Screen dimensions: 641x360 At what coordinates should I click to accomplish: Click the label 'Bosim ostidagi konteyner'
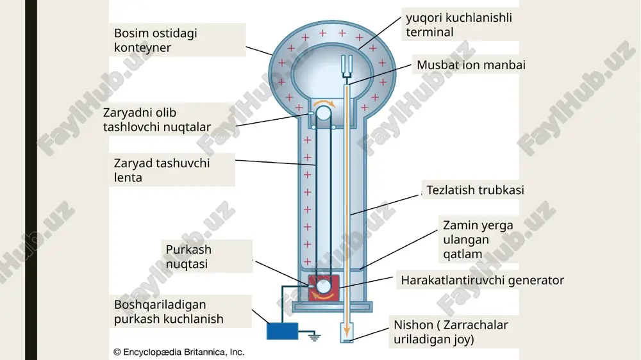pyautogui.click(x=155, y=40)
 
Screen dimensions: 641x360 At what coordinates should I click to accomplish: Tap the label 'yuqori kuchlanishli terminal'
pyautogui.click(x=459, y=25)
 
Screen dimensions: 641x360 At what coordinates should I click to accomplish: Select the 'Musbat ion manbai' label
pyautogui.click(x=471, y=65)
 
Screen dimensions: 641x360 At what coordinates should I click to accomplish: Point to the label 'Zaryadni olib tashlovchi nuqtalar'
pyautogui.click(x=157, y=120)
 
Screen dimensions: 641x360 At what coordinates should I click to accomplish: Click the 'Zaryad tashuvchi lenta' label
pyautogui.click(x=162, y=170)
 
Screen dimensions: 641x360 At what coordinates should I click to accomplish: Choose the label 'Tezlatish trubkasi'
pyautogui.click(x=475, y=190)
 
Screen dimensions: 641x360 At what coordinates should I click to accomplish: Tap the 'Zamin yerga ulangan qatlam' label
pyautogui.click(x=478, y=240)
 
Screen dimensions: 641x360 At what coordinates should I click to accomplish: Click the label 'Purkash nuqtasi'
pyautogui.click(x=188, y=257)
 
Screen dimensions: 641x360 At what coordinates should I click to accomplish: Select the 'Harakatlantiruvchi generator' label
pyautogui.click(x=483, y=281)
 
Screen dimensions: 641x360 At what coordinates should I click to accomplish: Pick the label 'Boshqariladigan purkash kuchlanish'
pyautogui.click(x=169, y=312)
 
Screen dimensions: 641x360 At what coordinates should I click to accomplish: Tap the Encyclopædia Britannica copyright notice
pyautogui.click(x=179, y=352)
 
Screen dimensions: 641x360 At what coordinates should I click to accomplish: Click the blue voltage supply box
pyautogui.click(x=283, y=331)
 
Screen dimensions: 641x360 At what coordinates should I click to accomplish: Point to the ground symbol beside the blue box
pyautogui.click(x=314, y=337)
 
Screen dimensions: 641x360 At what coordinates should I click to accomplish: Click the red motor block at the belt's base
pyautogui.click(x=323, y=288)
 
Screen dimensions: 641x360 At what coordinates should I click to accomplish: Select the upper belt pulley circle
pyautogui.click(x=323, y=113)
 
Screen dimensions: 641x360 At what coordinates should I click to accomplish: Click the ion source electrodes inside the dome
pyautogui.click(x=347, y=66)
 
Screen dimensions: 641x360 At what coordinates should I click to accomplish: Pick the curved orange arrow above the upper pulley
pyautogui.click(x=324, y=102)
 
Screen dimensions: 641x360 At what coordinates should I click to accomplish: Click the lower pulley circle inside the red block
pyautogui.click(x=323, y=287)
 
